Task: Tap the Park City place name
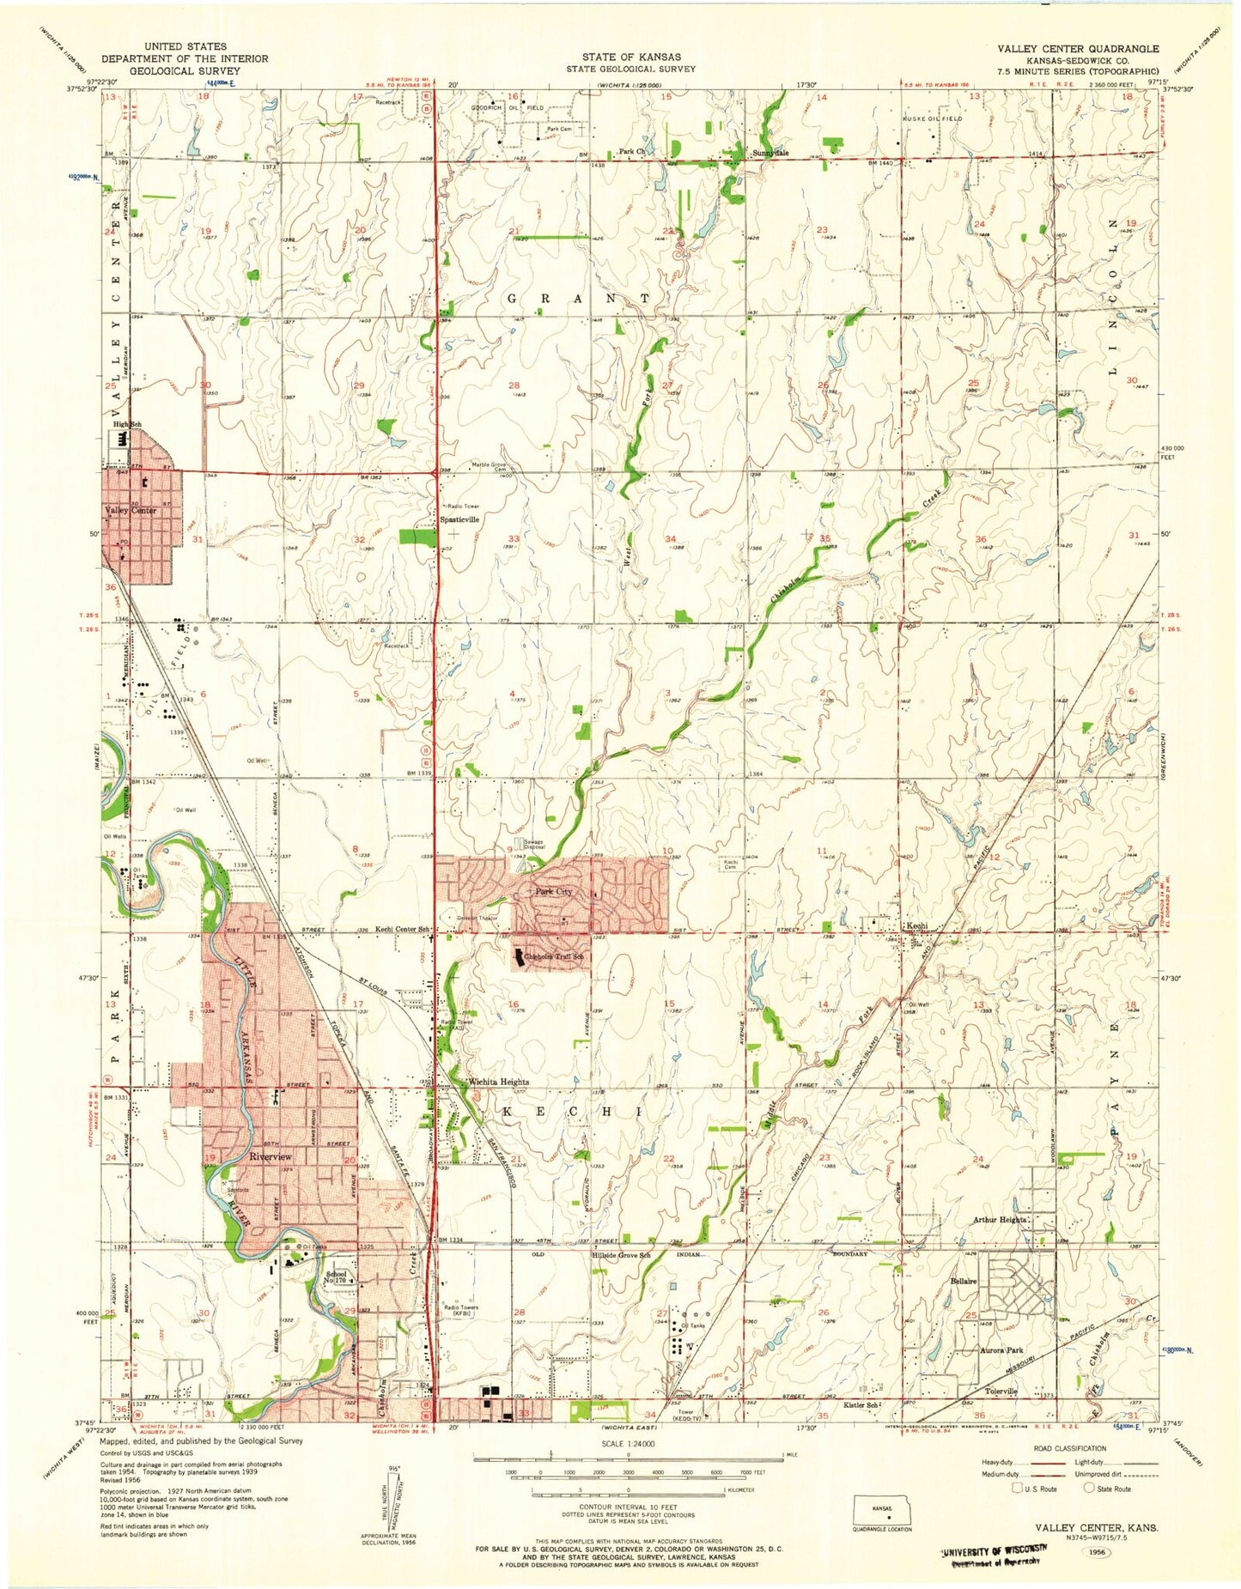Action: coord(554,892)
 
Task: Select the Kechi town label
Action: coord(916,926)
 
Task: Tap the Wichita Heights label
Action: coord(497,1082)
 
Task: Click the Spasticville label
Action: coord(459,519)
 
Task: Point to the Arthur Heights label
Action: coord(1000,1220)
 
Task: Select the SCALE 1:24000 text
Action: coord(630,1443)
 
